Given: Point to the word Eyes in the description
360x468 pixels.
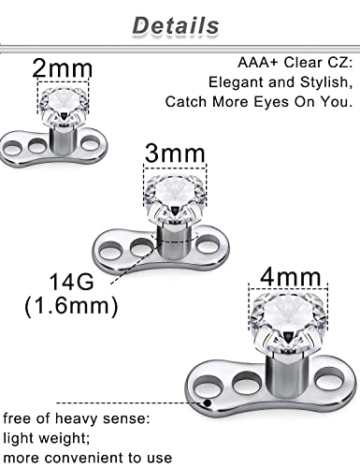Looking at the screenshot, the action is click(x=283, y=101).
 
